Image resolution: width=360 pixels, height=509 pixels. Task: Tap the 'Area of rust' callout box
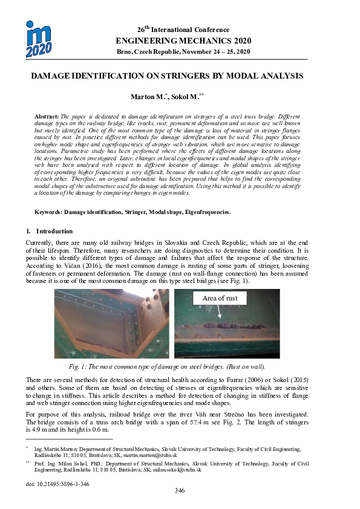(x=220, y=298)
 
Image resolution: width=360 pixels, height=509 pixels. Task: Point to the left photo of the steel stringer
(x=111, y=324)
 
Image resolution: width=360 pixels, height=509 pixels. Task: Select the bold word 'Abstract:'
(x=47, y=115)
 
